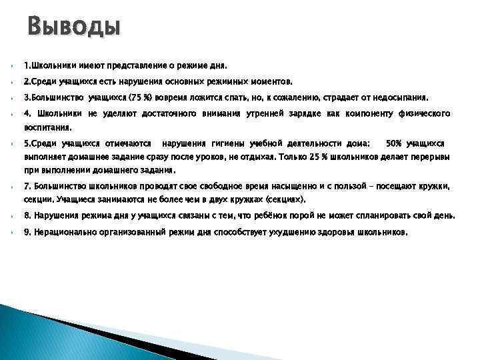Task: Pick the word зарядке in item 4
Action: click(x=305, y=113)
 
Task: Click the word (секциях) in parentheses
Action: click(x=286, y=199)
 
